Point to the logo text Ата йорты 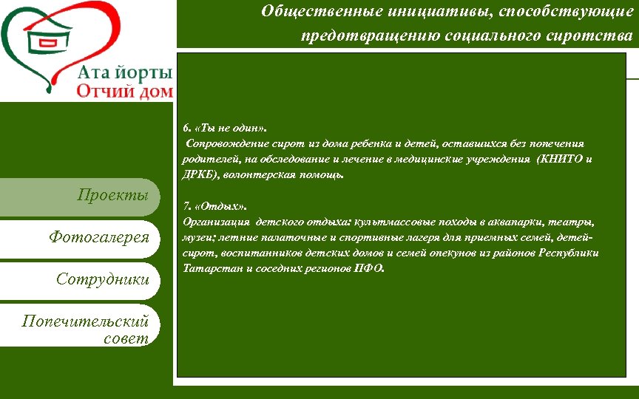(125, 73)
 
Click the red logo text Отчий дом (125, 92)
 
